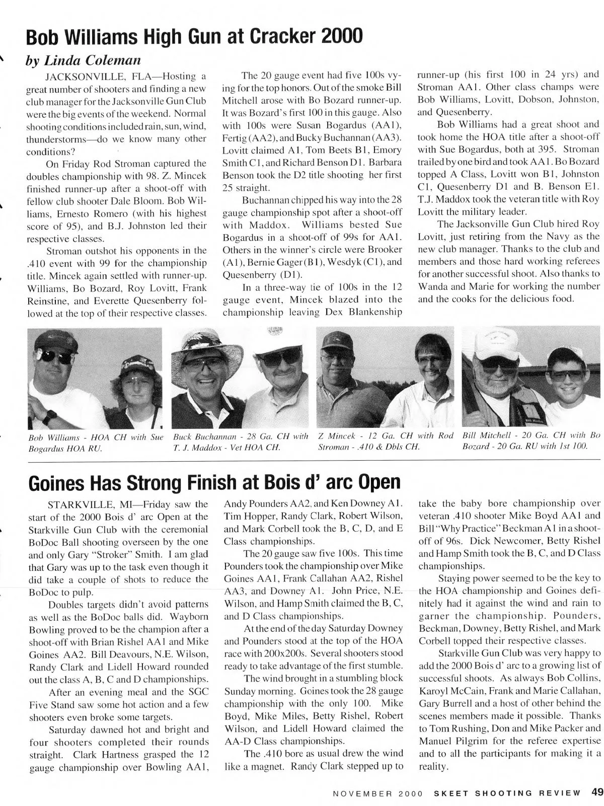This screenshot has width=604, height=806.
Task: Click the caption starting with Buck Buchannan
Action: [x=240, y=441]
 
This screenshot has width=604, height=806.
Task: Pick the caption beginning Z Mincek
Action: [x=386, y=441]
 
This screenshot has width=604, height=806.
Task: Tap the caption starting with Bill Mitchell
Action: [x=531, y=441]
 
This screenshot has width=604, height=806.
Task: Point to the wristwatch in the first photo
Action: [x=48, y=417]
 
